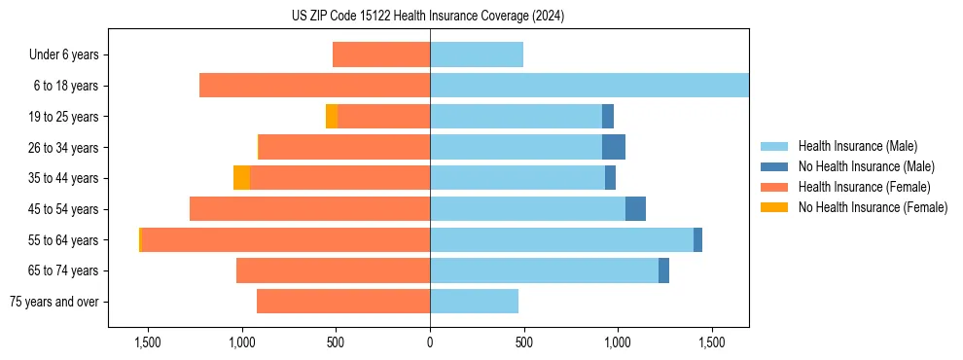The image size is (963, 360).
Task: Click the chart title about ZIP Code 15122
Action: click(x=428, y=17)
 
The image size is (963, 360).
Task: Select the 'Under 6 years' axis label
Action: click(x=63, y=54)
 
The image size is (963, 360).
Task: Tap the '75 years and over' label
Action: click(x=53, y=302)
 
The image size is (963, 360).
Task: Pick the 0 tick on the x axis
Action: click(x=430, y=343)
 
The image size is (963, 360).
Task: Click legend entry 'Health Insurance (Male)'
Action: click(x=857, y=146)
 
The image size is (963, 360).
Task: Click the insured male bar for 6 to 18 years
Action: click(x=589, y=86)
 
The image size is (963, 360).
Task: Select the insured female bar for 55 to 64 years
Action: click(x=286, y=240)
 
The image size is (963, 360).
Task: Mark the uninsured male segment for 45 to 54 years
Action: click(x=635, y=209)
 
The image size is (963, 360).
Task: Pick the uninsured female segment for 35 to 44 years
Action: click(x=241, y=178)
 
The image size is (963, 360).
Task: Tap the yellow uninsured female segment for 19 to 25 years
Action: click(x=332, y=117)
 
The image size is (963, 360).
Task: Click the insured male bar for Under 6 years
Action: click(x=477, y=54)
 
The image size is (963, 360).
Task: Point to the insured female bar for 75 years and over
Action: click(x=343, y=302)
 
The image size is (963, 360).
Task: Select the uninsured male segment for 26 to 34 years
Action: click(x=614, y=147)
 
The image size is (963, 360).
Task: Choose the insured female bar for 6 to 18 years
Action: click(x=314, y=86)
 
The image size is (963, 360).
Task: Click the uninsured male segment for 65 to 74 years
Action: click(x=663, y=270)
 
